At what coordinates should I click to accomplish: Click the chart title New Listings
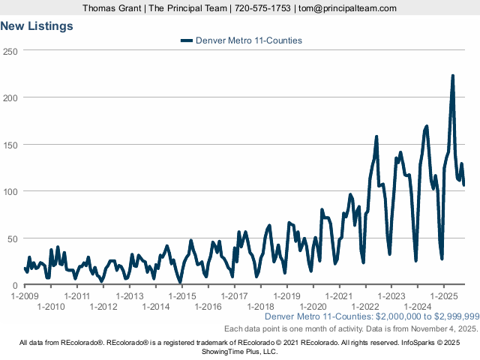37,26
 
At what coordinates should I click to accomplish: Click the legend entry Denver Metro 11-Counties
241,40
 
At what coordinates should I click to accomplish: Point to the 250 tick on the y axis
10,50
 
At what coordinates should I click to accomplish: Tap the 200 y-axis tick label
10,97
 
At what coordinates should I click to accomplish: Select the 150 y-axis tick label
10,144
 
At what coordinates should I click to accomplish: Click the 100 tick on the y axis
10,191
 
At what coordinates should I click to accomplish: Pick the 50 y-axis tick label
13,238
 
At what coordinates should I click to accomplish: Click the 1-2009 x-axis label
25,296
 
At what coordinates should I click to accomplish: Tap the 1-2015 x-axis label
182,296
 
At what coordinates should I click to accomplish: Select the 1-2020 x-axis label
313,307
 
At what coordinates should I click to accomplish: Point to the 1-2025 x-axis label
444,296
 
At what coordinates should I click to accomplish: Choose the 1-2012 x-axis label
103,307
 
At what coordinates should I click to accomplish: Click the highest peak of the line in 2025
452,76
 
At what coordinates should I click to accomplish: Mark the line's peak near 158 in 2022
376,136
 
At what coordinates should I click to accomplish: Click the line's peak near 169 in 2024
426,127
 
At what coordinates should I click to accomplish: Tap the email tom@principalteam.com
347,8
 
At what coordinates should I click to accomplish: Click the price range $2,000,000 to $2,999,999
427,318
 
